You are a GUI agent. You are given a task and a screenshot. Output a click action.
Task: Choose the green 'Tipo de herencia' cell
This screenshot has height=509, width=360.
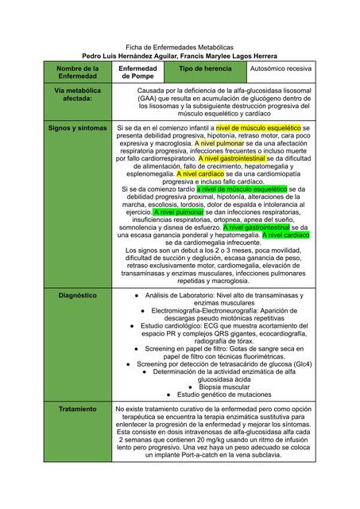[x=201, y=70]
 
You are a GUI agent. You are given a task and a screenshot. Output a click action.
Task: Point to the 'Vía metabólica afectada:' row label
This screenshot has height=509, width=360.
[x=77, y=96]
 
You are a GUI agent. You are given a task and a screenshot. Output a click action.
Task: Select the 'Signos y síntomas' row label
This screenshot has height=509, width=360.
[x=77, y=127]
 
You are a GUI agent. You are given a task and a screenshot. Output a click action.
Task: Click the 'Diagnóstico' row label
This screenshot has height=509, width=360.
[x=77, y=295]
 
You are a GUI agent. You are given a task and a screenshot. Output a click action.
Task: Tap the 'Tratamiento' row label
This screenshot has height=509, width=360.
[x=77, y=409]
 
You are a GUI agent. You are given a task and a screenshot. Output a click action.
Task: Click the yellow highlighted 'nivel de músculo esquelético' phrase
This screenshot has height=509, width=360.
[x=258, y=127]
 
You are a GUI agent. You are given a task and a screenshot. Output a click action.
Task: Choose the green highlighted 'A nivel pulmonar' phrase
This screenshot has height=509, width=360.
[x=178, y=212]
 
